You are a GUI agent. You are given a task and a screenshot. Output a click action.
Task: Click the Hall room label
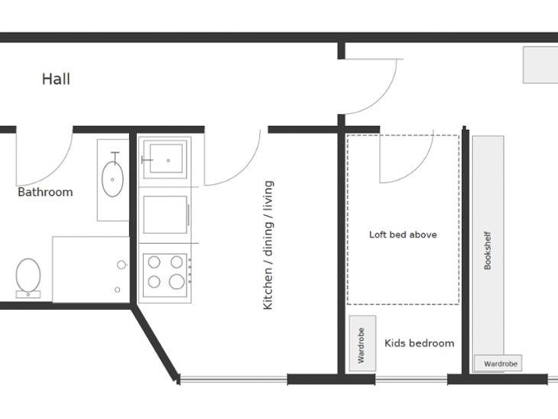pos(56,79)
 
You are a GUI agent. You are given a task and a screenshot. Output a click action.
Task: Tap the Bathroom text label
pos(45,192)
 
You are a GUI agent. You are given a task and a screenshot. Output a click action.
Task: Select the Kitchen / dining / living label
pos(268,245)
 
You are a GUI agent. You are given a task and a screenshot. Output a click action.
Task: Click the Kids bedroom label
pos(419,343)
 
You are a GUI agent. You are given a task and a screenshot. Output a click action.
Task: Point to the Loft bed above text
pos(403,235)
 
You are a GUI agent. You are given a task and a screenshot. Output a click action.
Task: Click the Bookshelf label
pos(488,250)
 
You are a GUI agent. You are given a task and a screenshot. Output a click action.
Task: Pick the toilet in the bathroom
pos(28,278)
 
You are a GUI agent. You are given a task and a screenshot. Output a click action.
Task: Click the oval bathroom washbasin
pos(112,180)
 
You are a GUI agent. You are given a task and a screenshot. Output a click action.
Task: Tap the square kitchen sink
pos(166,159)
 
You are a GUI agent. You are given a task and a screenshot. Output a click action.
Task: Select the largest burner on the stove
pos(177,281)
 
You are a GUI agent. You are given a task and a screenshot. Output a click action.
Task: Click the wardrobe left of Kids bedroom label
pos(362,343)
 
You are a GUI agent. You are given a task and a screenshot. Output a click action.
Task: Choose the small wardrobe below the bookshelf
pos(498,363)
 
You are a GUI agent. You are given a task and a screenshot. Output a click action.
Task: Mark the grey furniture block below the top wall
pos(540,65)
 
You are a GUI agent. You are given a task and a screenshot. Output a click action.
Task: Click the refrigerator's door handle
pos(188,215)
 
